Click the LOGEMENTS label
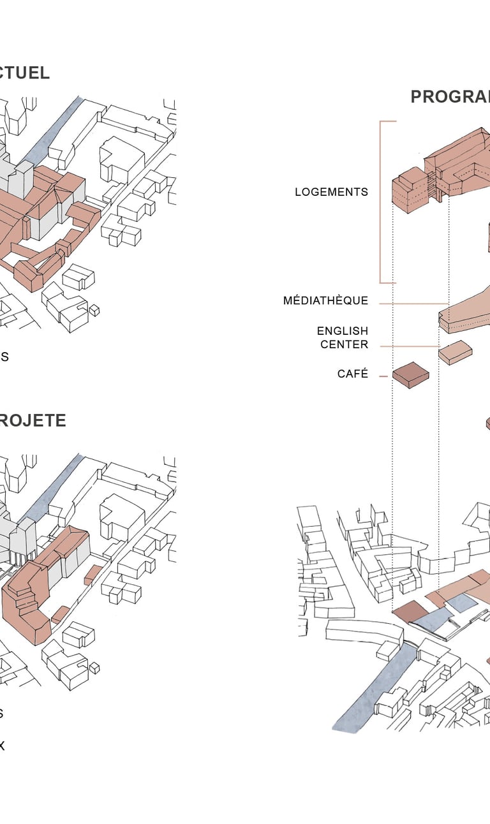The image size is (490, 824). click(331, 192)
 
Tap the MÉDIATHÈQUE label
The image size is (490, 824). click(325, 300)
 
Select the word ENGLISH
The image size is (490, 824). click(343, 331)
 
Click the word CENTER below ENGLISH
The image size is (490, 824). click(344, 344)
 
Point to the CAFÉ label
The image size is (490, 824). click(353, 374)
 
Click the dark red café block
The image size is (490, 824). click(410, 374)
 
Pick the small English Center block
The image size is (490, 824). click(455, 352)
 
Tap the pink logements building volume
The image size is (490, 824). click(447, 169)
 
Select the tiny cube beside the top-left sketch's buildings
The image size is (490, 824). click(94, 311)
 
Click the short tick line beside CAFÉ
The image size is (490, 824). click(383, 376)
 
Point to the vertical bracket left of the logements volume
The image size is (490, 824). click(382, 202)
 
